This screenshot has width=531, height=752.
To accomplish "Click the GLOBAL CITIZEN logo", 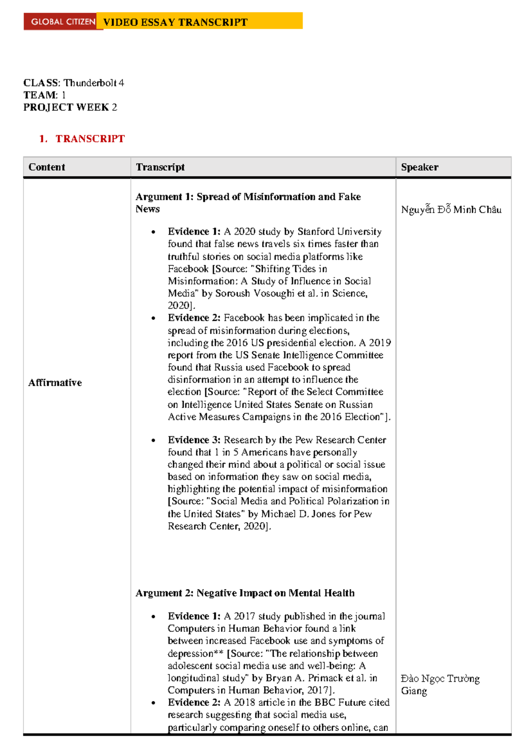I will tap(63, 22).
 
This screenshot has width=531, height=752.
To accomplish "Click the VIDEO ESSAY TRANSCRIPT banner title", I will tap(175, 22).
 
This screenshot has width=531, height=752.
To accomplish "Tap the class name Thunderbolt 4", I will tap(93, 83).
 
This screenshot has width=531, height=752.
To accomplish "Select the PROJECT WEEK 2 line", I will tap(70, 107).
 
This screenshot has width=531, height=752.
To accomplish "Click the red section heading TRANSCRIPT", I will tap(90, 139).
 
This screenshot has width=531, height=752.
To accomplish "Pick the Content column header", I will tap(46, 167).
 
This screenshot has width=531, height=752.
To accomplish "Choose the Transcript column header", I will tap(160, 167).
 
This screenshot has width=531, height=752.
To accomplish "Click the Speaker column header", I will tap(419, 167).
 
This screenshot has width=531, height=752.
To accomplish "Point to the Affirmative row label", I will tap(55, 383).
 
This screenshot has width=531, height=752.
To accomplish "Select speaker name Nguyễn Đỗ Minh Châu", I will tap(451, 209).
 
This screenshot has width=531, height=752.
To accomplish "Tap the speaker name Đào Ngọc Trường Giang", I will tap(440, 684).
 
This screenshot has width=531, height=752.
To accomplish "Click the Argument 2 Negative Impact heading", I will tap(245, 593).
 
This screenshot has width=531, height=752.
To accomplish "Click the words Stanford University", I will tap(339, 231).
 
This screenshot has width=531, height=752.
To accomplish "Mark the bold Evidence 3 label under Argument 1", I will tap(194, 440).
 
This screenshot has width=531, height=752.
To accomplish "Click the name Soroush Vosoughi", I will tap(254, 293).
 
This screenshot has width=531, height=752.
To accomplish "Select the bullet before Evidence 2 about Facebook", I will tap(153, 318).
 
